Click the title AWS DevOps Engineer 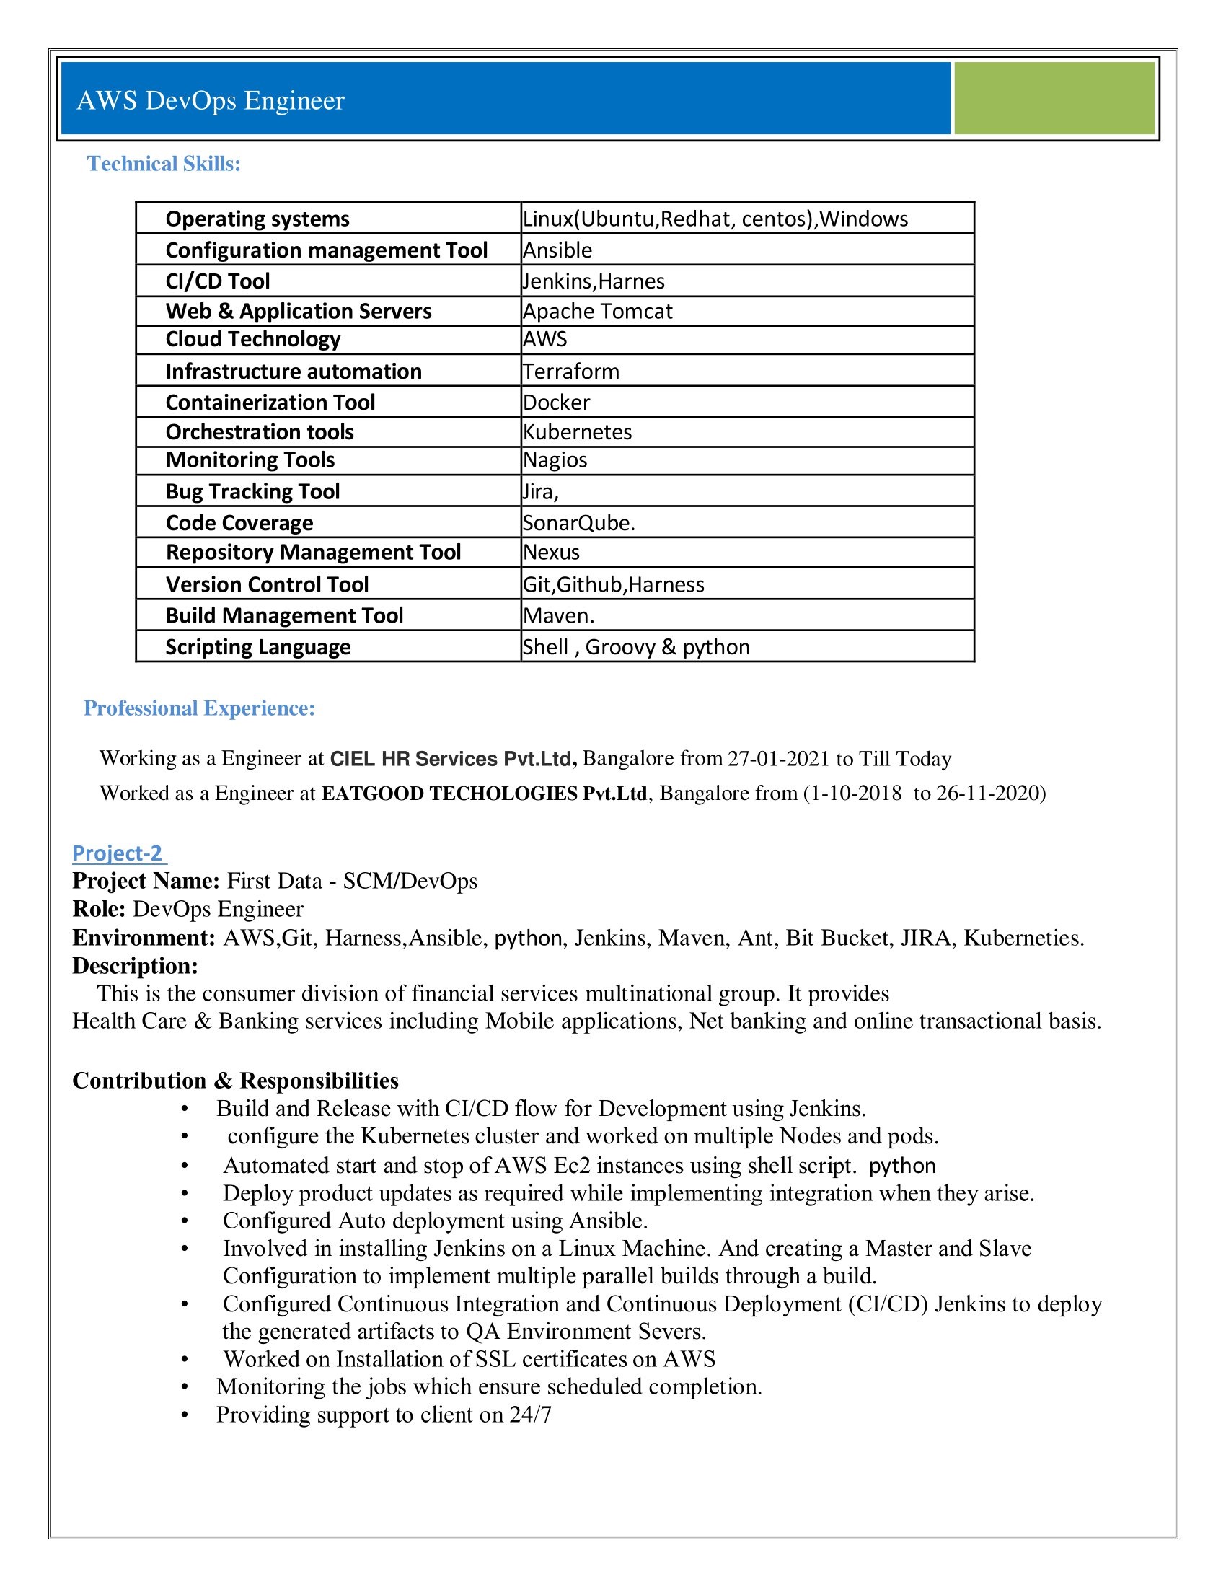coord(211,100)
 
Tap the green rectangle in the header coord(1053,98)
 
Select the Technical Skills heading coord(164,164)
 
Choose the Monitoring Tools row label coord(250,460)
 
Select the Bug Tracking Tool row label coord(252,492)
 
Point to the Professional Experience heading coord(200,708)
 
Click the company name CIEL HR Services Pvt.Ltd coord(453,759)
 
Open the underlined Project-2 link coord(118,853)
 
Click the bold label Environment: coord(144,938)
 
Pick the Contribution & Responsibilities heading coord(235,1081)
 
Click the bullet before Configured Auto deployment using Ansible coord(185,1221)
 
